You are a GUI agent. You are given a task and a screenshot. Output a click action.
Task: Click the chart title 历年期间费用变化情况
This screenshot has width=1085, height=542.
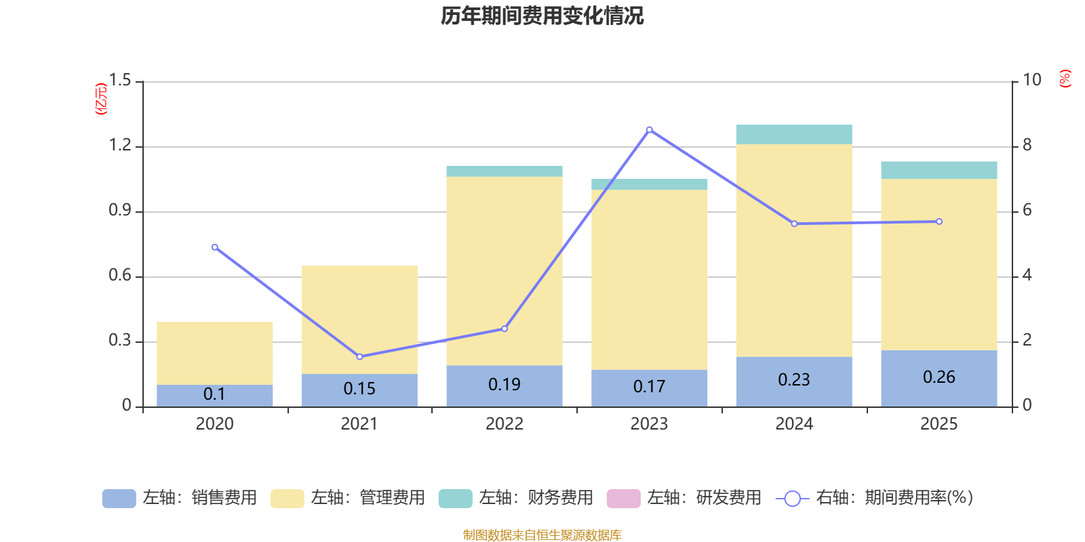point(542,16)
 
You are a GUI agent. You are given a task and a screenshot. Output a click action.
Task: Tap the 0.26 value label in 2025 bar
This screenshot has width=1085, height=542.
point(939,377)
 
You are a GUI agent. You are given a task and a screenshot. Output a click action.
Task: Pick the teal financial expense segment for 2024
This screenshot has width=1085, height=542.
point(793,134)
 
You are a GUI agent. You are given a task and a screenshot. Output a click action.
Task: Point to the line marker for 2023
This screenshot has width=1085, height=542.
point(649,129)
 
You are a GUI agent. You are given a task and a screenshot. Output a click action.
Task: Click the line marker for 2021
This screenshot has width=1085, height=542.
point(359,356)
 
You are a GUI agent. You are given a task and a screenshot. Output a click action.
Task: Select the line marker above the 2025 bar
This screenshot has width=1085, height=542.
point(939,222)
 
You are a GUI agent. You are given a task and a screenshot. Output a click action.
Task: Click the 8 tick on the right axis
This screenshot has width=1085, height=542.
point(1027,144)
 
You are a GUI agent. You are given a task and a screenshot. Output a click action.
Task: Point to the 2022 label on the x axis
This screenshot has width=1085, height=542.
point(504,424)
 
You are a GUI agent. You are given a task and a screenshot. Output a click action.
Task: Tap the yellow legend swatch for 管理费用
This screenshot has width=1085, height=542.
point(287,499)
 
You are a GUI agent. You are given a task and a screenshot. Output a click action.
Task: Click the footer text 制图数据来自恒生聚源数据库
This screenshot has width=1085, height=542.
point(542,535)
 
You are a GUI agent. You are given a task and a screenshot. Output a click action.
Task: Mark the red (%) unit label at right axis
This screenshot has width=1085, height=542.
point(1065,79)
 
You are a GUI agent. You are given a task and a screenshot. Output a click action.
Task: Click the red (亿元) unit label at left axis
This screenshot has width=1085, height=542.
point(100,99)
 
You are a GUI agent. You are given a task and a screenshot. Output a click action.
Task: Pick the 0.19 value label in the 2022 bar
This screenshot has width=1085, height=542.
point(504,384)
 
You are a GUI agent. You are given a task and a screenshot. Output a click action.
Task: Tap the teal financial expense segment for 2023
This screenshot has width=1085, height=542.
point(649,184)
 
